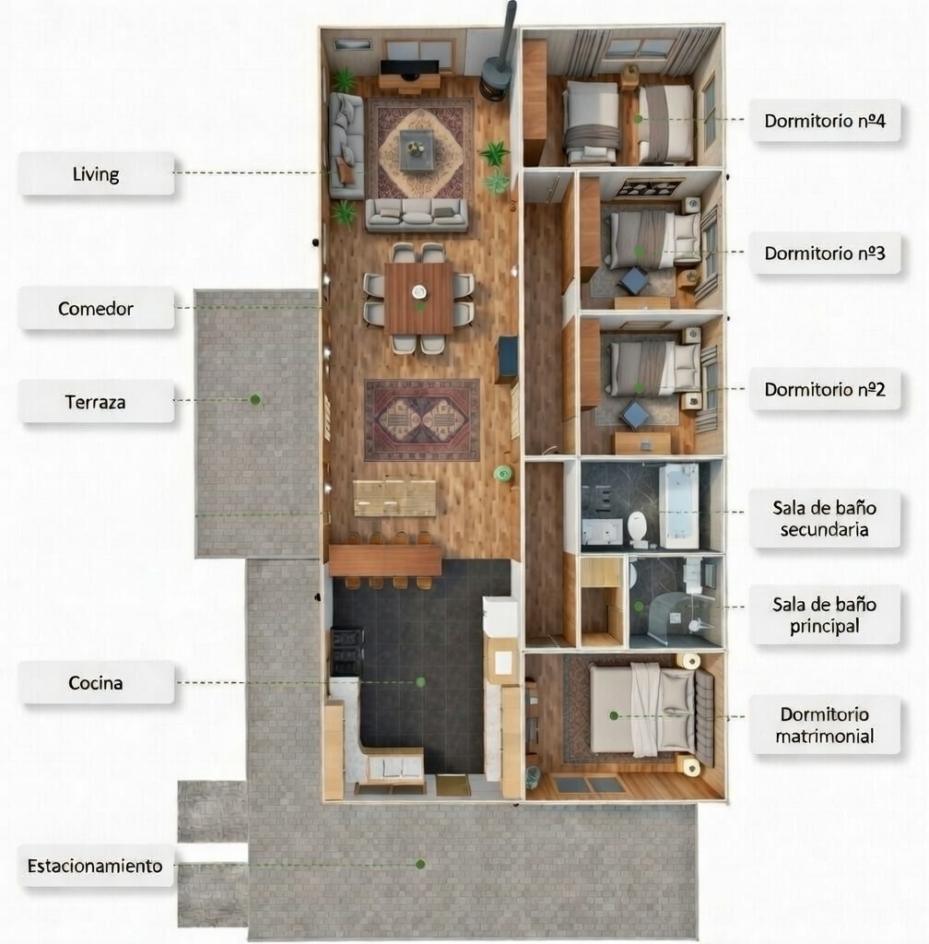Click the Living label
[x=96, y=173]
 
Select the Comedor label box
[x=96, y=308]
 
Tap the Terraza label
[x=96, y=402]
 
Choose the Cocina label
[x=96, y=683]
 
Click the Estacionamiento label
[x=96, y=866]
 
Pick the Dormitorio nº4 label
[x=825, y=120]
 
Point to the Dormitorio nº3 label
[x=825, y=253]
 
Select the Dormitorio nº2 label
[x=825, y=389]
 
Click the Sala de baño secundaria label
[x=825, y=519]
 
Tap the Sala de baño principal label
[x=825, y=615]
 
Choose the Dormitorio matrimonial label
[x=825, y=725]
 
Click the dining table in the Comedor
[x=419, y=298]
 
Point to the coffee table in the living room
[x=417, y=148]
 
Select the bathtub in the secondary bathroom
[x=679, y=505]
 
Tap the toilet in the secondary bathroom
[x=638, y=528]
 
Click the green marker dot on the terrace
[x=255, y=399]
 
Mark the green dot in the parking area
[x=420, y=864]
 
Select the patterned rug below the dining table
[x=422, y=419]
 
